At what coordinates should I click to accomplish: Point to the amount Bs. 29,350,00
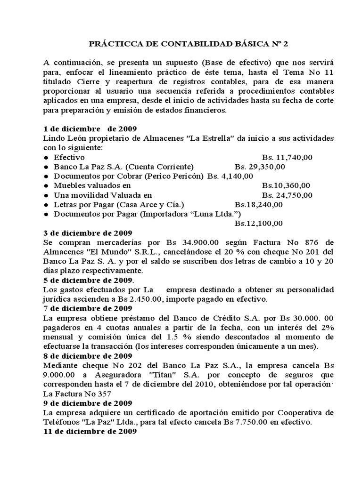pyautogui.click(x=258, y=167)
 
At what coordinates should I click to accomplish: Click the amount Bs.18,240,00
pyautogui.click(x=258, y=204)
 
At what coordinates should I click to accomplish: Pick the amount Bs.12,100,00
pyautogui.click(x=258, y=223)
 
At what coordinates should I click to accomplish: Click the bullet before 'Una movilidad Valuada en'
pyautogui.click(x=46, y=195)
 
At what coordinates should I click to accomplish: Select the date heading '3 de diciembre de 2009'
pyautogui.click(x=88, y=233)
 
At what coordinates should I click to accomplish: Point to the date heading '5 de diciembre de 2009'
pyautogui.click(x=88, y=280)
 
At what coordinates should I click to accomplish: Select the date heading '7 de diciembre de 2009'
pyautogui.click(x=88, y=308)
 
